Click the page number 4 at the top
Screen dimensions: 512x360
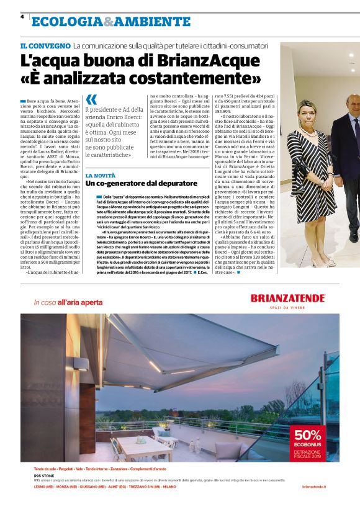tap(22, 17)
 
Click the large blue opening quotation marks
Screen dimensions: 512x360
tap(92, 99)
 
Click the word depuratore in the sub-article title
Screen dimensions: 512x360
tap(169, 184)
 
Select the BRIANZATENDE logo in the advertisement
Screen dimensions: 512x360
tap(287, 299)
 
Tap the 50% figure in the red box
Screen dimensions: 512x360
tap(308, 434)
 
